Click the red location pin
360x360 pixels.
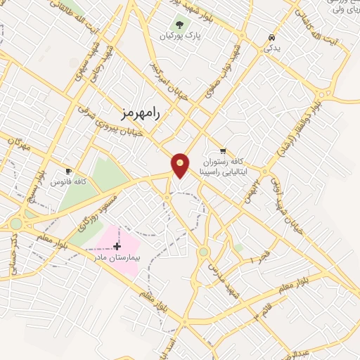(x=181, y=165)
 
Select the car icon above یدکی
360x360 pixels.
(x=271, y=37)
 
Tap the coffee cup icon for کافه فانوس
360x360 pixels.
(x=68, y=171)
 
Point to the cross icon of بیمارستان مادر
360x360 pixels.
(x=117, y=247)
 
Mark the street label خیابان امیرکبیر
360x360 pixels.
(x=167, y=84)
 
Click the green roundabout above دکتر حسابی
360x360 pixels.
(x=16, y=224)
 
